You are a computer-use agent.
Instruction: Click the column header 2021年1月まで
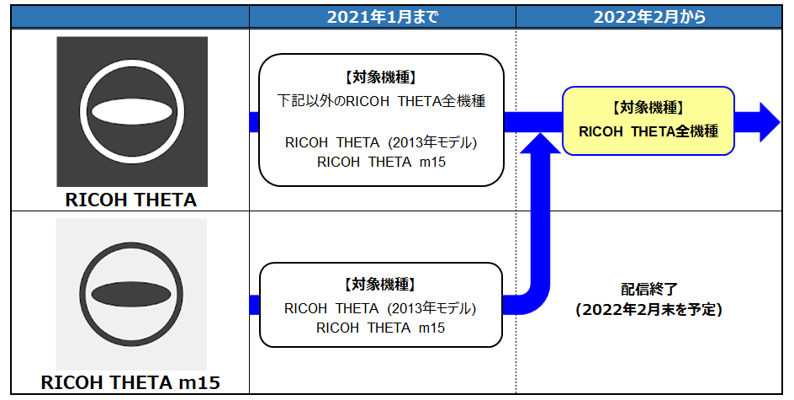point(383,17)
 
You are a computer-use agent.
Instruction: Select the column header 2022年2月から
point(649,17)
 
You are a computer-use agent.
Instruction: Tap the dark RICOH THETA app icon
point(132,111)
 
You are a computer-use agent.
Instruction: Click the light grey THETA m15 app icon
point(131,294)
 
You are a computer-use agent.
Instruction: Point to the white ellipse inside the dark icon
point(132,112)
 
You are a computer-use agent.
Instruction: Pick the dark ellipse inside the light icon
point(131,295)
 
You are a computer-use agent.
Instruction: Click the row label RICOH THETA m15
point(130,382)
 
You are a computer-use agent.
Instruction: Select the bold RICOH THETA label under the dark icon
point(131,200)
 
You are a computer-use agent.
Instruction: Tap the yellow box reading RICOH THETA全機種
point(648,120)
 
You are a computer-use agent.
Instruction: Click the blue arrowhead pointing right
point(769,122)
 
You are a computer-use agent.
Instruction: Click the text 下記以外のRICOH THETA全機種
point(381,101)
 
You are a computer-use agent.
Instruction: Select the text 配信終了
point(649,289)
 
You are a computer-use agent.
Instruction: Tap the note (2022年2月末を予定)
point(649,309)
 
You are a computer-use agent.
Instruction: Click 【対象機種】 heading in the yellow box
point(648,108)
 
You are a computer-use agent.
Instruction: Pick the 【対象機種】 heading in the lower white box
point(380,285)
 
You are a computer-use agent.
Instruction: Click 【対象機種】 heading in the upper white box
point(381,77)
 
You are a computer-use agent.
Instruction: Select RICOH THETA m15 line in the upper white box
point(381,163)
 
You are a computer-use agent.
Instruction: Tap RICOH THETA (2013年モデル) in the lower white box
point(380,308)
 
